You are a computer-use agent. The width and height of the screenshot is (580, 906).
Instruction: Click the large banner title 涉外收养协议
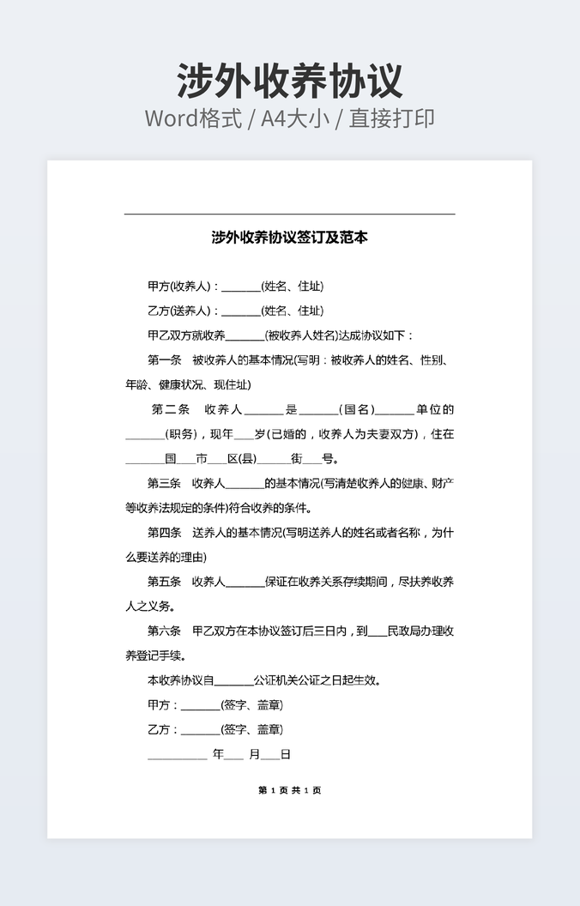pos(289,82)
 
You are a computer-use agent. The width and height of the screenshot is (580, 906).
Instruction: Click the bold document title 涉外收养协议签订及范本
pos(289,238)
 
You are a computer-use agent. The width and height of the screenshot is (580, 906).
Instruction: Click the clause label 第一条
pos(165,360)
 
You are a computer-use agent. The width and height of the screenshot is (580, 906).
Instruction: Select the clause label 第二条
pos(170,409)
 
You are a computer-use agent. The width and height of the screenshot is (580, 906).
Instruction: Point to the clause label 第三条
pos(165,483)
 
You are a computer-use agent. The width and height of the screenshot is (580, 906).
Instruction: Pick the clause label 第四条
pos(165,533)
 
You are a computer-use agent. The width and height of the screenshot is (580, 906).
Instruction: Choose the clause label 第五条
pos(165,582)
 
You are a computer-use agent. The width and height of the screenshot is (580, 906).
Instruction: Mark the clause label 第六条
pos(165,631)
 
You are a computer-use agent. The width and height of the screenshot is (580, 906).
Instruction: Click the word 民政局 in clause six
pos(403,631)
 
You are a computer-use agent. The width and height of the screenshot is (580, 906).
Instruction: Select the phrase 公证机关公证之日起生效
pos(317,680)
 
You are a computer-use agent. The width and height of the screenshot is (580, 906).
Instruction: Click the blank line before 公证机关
pos(233,682)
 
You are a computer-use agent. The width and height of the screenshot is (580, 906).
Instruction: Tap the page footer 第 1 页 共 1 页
pos(289,790)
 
